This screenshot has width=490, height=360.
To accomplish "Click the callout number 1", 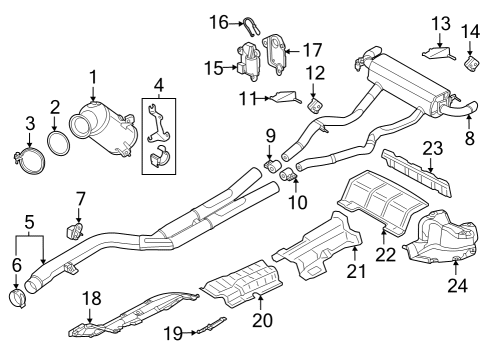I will (x=92, y=77).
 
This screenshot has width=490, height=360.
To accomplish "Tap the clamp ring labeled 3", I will (x=30, y=157).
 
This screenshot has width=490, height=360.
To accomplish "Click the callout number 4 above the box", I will (x=157, y=83).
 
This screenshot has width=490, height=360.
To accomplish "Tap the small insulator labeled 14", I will (x=467, y=66).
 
